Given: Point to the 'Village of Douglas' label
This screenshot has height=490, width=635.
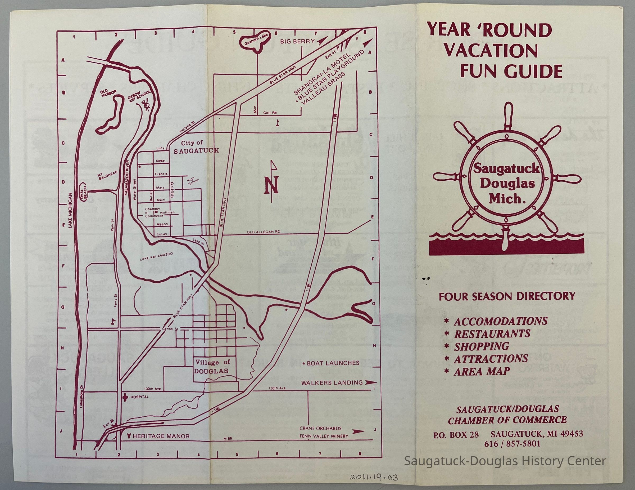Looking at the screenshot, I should [x=212, y=367].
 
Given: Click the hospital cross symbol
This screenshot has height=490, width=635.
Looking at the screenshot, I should [x=125, y=397].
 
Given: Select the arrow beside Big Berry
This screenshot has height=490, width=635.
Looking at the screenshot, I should [x=323, y=41].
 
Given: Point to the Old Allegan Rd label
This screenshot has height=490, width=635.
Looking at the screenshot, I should [x=264, y=232].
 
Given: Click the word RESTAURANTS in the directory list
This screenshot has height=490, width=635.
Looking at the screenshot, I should [x=492, y=334].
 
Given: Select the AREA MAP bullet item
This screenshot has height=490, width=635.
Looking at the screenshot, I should [x=482, y=371].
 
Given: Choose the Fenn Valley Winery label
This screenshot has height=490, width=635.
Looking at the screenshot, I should [x=324, y=436].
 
